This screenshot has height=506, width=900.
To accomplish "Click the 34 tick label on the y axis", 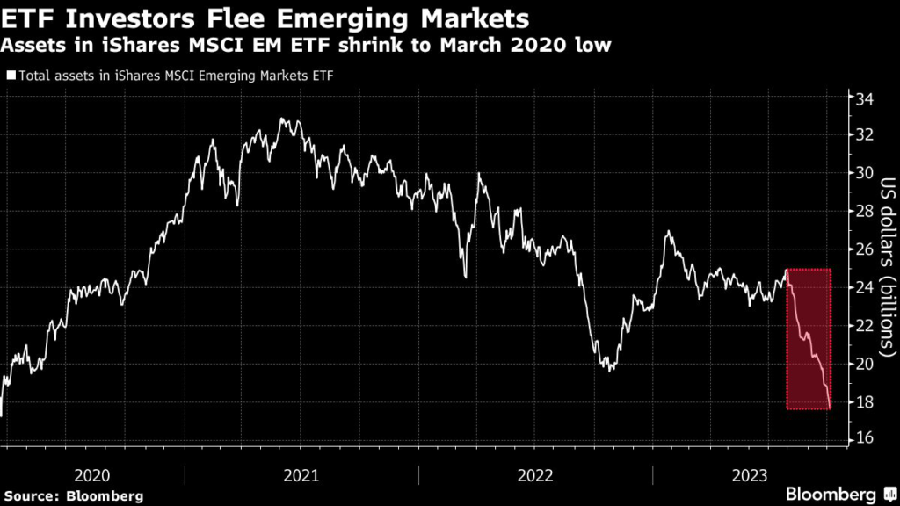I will click(866, 97).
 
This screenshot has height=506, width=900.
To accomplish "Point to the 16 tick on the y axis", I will click(866, 439).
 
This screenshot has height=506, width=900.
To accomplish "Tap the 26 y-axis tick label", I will click(866, 249).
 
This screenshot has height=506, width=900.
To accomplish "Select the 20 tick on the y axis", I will click(866, 364).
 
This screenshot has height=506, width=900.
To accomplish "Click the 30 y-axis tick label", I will click(866, 173).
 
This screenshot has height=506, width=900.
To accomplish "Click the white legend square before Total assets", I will click(10, 76).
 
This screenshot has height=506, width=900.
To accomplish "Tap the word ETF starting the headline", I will click(30, 18).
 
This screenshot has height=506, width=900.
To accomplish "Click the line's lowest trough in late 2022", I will click(610, 370).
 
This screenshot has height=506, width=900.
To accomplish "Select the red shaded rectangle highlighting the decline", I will click(809, 338).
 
